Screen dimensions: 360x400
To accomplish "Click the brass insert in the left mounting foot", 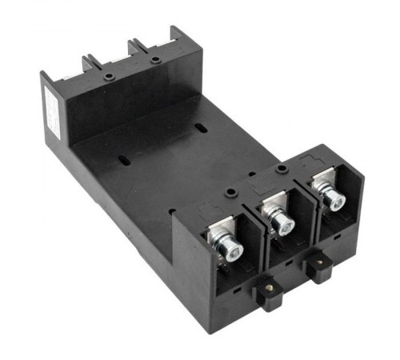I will coord(270,290).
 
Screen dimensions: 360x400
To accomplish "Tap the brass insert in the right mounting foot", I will coord(320,261).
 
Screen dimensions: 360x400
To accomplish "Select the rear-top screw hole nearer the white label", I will coord(107,77).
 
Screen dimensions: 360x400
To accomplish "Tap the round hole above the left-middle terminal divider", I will coord(230,193).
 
